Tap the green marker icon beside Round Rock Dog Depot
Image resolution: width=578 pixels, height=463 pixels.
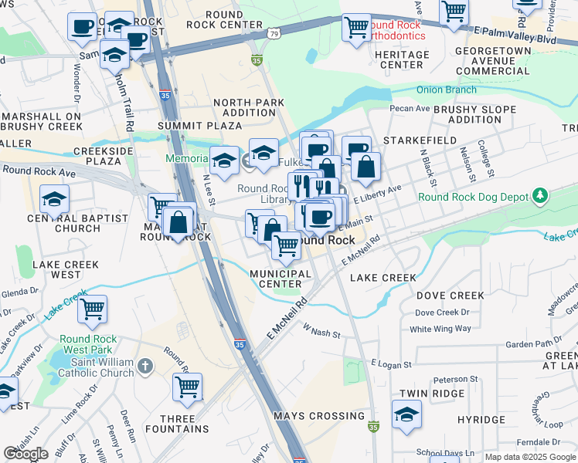pos(540,196)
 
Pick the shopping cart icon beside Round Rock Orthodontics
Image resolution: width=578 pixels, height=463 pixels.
pos(356,27)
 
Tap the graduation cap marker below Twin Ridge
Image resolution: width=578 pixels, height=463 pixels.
pos(406,416)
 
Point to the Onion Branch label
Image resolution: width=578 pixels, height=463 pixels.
pos(447,90)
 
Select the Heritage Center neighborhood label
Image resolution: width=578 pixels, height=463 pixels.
pos(401,59)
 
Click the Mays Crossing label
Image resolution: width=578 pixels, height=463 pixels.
pos(319,416)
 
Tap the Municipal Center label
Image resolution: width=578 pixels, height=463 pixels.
pos(280,279)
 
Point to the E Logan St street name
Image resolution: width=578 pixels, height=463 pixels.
pos(393,363)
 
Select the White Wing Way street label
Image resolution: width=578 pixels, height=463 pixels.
pos(440,329)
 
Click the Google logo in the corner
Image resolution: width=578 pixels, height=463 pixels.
pos(26,454)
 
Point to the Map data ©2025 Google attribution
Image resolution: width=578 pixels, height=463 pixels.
pos(529,457)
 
